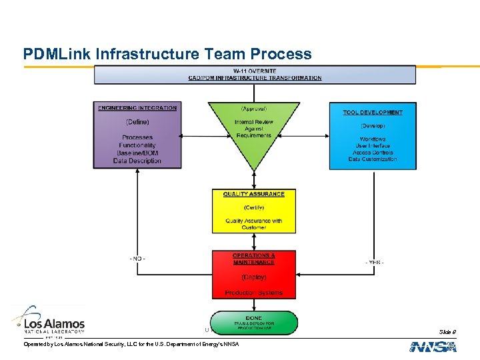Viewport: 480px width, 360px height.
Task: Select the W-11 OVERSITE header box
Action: point(255,74)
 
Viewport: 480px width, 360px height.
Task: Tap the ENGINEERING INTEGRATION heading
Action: point(137,108)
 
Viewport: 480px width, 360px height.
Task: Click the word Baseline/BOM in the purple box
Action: point(137,153)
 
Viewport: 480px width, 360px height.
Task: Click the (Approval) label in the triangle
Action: point(253,109)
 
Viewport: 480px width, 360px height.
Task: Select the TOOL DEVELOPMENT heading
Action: point(373,112)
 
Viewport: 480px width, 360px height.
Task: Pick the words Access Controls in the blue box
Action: point(373,153)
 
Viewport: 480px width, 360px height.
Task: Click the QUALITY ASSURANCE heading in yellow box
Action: point(253,194)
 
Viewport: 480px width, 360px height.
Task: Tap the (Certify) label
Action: point(253,207)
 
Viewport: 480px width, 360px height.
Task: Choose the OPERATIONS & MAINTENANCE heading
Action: point(253,259)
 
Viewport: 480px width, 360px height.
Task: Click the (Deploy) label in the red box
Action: point(253,277)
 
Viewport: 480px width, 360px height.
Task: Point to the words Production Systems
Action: point(253,293)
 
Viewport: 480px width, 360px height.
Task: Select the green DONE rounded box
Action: point(253,323)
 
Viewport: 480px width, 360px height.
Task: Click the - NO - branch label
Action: point(137,258)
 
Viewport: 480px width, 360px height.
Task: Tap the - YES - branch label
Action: point(374,262)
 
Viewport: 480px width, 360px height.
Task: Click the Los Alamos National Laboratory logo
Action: point(48,321)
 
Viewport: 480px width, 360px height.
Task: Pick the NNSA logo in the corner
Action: point(433,347)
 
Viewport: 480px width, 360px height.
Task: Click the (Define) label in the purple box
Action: point(137,122)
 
